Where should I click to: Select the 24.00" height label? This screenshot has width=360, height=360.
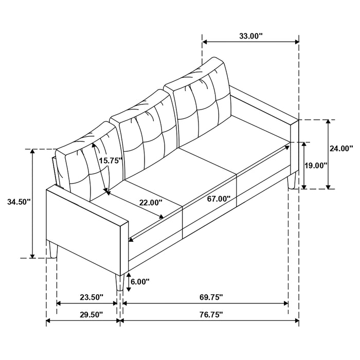coord(342,148)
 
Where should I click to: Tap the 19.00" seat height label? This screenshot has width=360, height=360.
coord(316,166)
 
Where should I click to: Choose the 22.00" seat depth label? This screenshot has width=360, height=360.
coord(150,202)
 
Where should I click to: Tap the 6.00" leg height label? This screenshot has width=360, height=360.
coord(139,281)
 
